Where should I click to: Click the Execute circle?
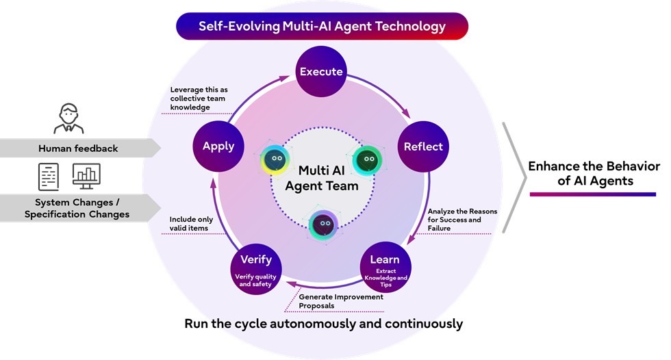point(321,71)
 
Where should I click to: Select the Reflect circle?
point(423,146)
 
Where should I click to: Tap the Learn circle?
point(385,268)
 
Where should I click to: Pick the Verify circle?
point(256,270)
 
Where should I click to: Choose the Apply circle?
point(218,146)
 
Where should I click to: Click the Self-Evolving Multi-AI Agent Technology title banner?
point(322,26)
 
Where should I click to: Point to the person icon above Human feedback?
point(68,118)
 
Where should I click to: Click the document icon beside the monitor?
point(49,177)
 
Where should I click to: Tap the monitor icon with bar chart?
point(86,176)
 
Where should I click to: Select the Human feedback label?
point(78,149)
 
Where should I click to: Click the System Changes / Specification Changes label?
point(77,208)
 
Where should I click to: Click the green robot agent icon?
point(367,160)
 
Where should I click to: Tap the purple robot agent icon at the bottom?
point(323,224)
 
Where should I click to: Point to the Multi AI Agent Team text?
point(322,178)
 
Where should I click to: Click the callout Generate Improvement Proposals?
point(341,301)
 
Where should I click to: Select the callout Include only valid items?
point(191,224)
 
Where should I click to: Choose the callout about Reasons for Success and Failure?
point(462,220)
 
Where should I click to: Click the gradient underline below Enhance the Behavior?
point(593,194)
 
